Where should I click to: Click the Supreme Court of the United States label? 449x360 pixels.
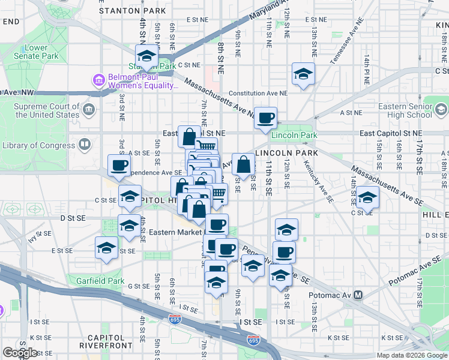point(47,110)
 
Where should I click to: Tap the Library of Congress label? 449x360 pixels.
point(40,145)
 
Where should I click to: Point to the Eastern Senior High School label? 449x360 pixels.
point(411,110)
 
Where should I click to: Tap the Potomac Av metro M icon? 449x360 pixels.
point(359,295)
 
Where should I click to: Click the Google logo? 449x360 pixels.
point(20,352)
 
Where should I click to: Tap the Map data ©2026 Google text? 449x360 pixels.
point(412,355)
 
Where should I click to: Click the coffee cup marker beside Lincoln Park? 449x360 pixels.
point(265,118)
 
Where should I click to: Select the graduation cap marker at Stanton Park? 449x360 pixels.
point(146,57)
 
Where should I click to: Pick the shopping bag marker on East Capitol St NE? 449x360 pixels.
point(189,137)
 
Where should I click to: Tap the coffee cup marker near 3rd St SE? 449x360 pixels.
point(119,166)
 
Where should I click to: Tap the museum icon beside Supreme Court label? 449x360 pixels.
point(89,110)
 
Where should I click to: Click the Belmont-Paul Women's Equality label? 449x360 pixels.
point(143,81)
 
